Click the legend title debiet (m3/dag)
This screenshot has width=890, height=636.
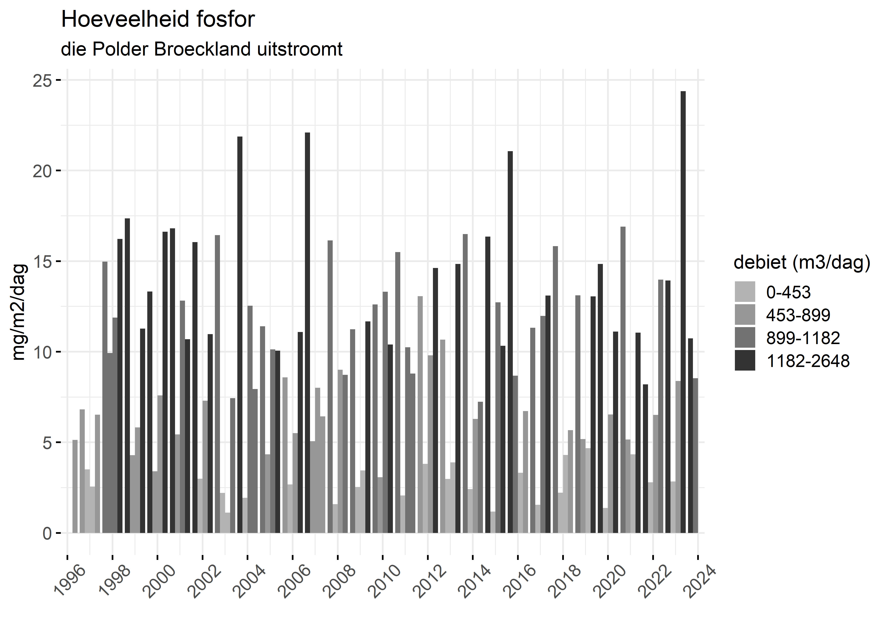[802, 262]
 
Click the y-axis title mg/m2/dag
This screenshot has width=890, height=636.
[19, 312]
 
